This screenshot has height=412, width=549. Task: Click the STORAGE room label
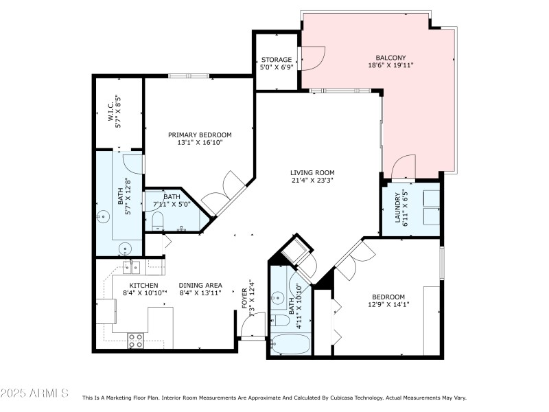[x=277, y=60]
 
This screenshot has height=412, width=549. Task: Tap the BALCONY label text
[x=390, y=57]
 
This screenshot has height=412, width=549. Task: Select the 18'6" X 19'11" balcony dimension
[x=390, y=65]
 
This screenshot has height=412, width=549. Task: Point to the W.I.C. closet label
[x=110, y=111]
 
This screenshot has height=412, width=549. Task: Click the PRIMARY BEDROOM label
[x=200, y=135]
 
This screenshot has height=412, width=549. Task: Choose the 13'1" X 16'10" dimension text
[x=200, y=143]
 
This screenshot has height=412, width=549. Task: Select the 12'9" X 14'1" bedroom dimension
[x=388, y=305]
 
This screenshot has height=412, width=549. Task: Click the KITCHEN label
[x=144, y=286]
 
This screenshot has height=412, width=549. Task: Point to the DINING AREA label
[x=200, y=286]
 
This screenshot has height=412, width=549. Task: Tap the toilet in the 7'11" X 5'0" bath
[x=157, y=220]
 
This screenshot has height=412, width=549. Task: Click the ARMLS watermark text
[x=34, y=393]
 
